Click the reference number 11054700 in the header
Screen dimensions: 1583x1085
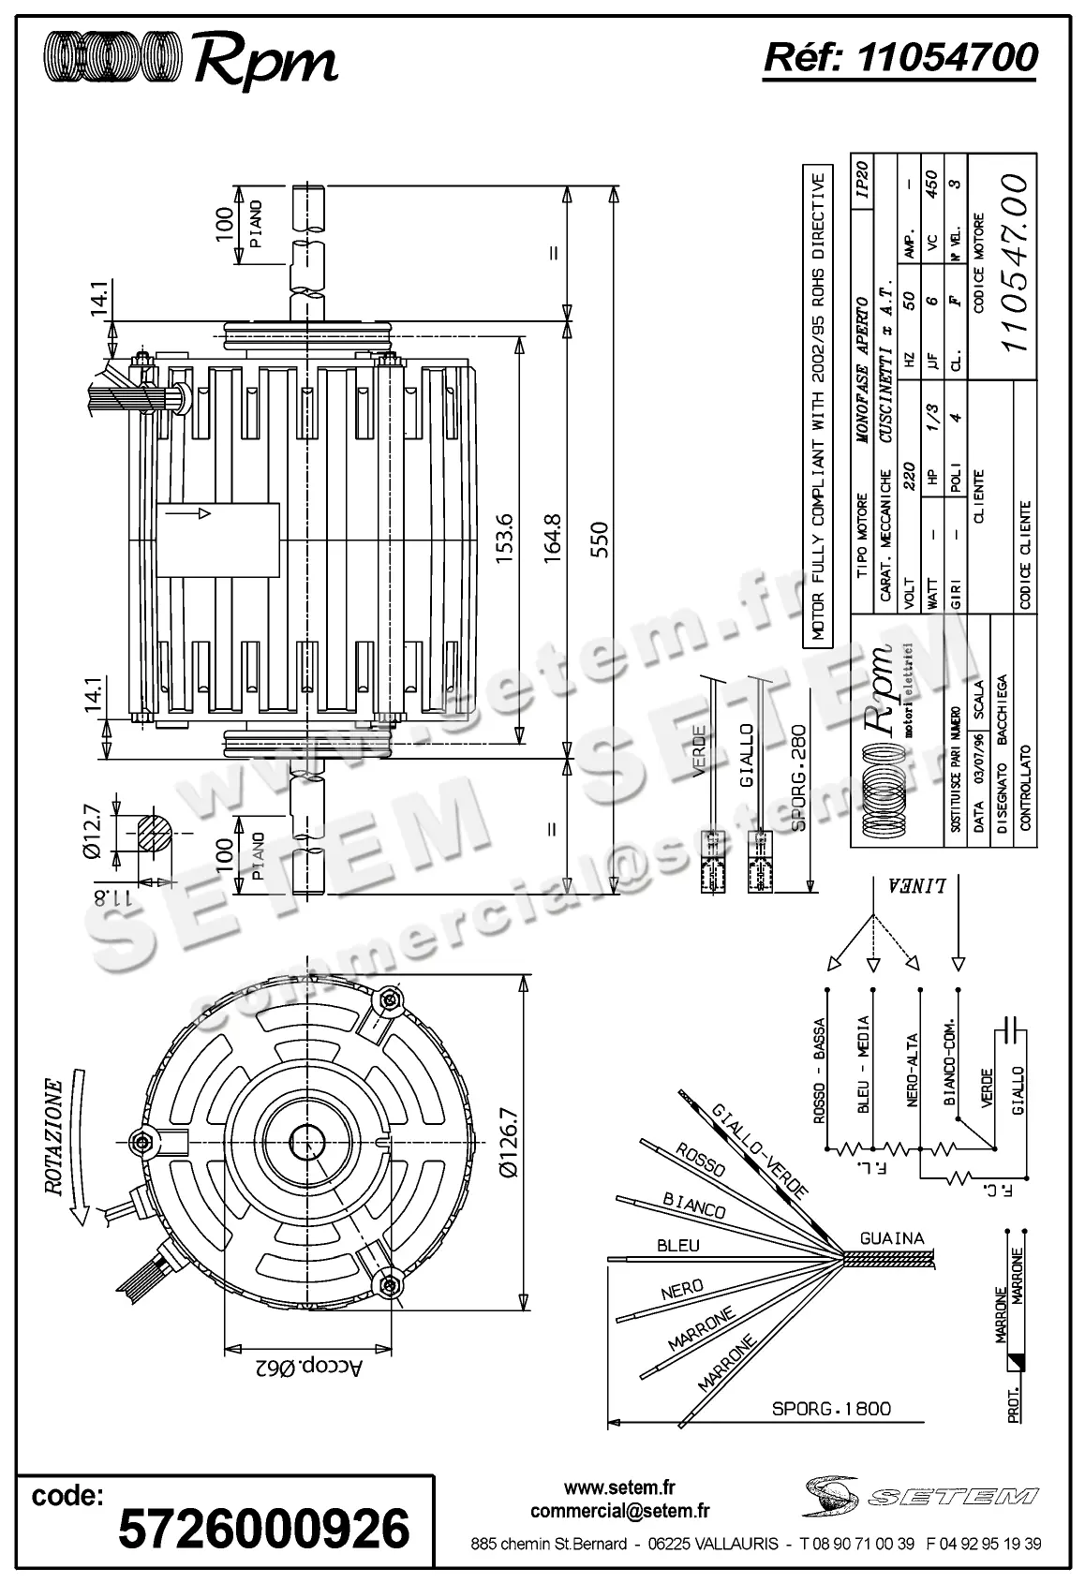pyautogui.click(x=947, y=58)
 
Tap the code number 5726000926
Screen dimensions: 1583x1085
pyautogui.click(x=263, y=1530)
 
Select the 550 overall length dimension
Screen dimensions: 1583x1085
pyautogui.click(x=599, y=540)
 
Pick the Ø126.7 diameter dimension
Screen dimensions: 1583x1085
pyautogui.click(x=509, y=1142)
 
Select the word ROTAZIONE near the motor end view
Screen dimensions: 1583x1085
pyautogui.click(x=55, y=1137)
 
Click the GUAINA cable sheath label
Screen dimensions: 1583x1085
pyautogui.click(x=891, y=1237)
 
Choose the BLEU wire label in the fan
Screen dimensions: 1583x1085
pyautogui.click(x=677, y=1246)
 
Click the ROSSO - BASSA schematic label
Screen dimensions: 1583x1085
pyautogui.click(x=820, y=1071)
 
